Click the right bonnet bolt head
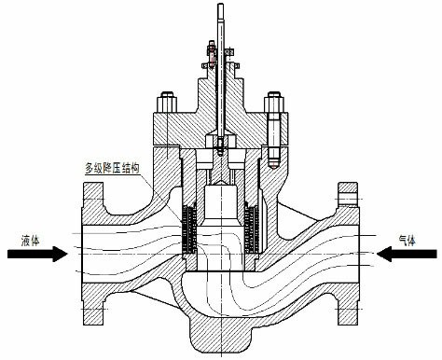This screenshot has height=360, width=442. (274, 97)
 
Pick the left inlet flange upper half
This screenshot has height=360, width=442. (94, 205)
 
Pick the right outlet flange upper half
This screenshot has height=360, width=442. (348, 205)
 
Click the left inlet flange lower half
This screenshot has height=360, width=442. (93, 297)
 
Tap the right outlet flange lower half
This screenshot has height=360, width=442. (347, 297)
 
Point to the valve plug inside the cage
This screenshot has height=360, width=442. (222, 210)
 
